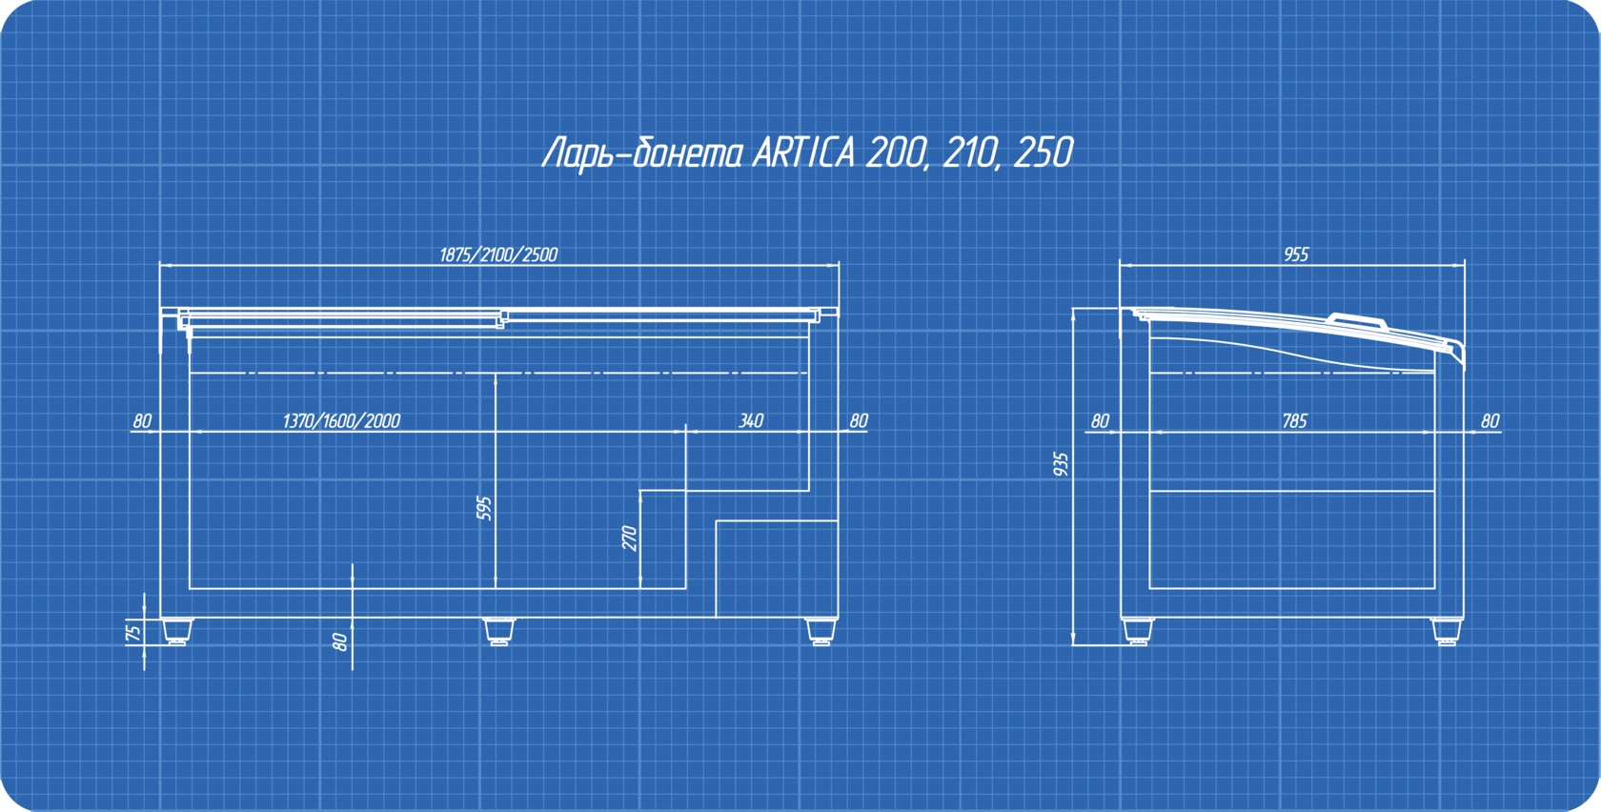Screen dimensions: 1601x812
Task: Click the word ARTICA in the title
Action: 803,152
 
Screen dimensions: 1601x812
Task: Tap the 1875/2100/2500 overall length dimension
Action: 498,255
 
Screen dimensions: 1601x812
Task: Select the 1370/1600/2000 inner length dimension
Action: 341,421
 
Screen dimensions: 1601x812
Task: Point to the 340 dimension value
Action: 751,421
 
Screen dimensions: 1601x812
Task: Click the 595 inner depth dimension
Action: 484,508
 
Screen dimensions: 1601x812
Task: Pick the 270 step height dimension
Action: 630,538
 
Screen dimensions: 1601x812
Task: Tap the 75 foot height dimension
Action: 133,633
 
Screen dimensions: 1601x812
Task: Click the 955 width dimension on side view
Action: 1296,254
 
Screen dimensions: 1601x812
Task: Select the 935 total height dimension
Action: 1062,465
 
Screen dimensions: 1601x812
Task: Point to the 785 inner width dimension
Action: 1294,421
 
